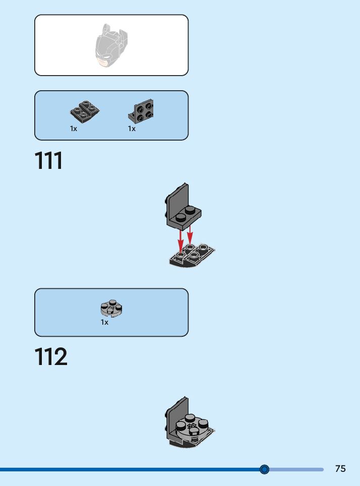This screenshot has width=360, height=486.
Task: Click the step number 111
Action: click(x=49, y=161)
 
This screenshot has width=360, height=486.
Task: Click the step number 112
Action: click(x=51, y=357)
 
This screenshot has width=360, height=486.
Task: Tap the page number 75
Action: click(x=340, y=468)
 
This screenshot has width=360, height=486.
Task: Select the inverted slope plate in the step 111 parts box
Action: click(x=84, y=111)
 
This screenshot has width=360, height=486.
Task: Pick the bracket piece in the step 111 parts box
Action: click(x=142, y=111)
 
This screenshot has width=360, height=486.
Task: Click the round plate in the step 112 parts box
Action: click(x=112, y=309)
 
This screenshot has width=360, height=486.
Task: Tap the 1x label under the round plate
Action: click(x=104, y=322)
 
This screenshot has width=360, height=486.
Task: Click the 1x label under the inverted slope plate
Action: click(x=74, y=129)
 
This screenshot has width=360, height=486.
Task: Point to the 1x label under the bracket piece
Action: click(x=132, y=129)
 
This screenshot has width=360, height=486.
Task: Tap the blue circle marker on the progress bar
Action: click(x=264, y=469)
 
